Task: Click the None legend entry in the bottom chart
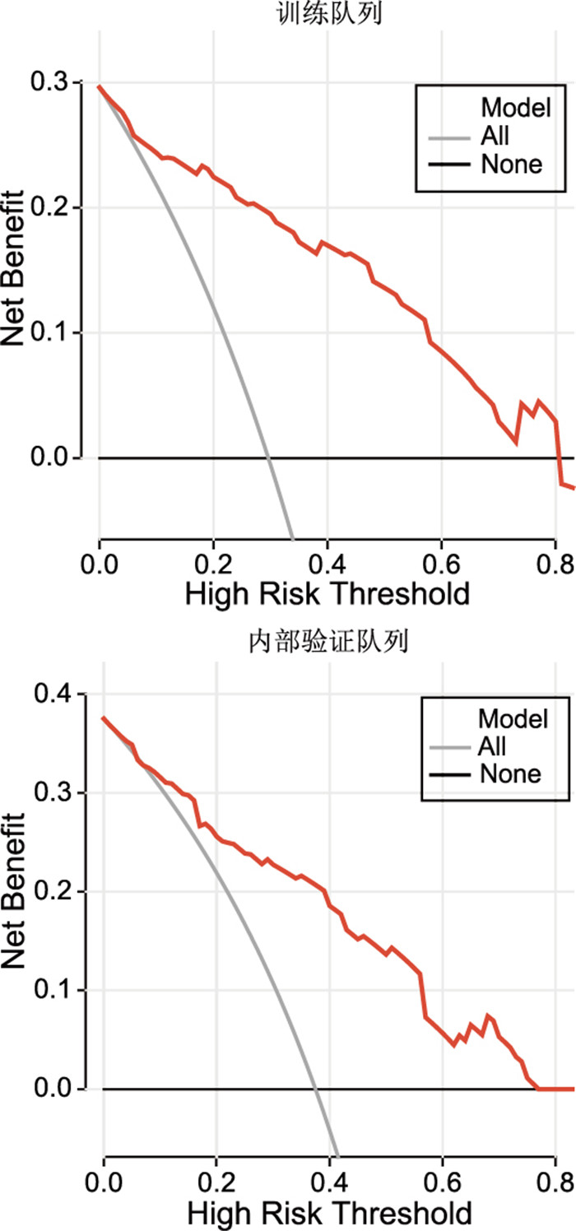pyautogui.click(x=510, y=773)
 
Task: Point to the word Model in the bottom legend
pyautogui.click(x=513, y=719)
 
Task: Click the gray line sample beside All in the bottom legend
pyautogui.click(x=449, y=747)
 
